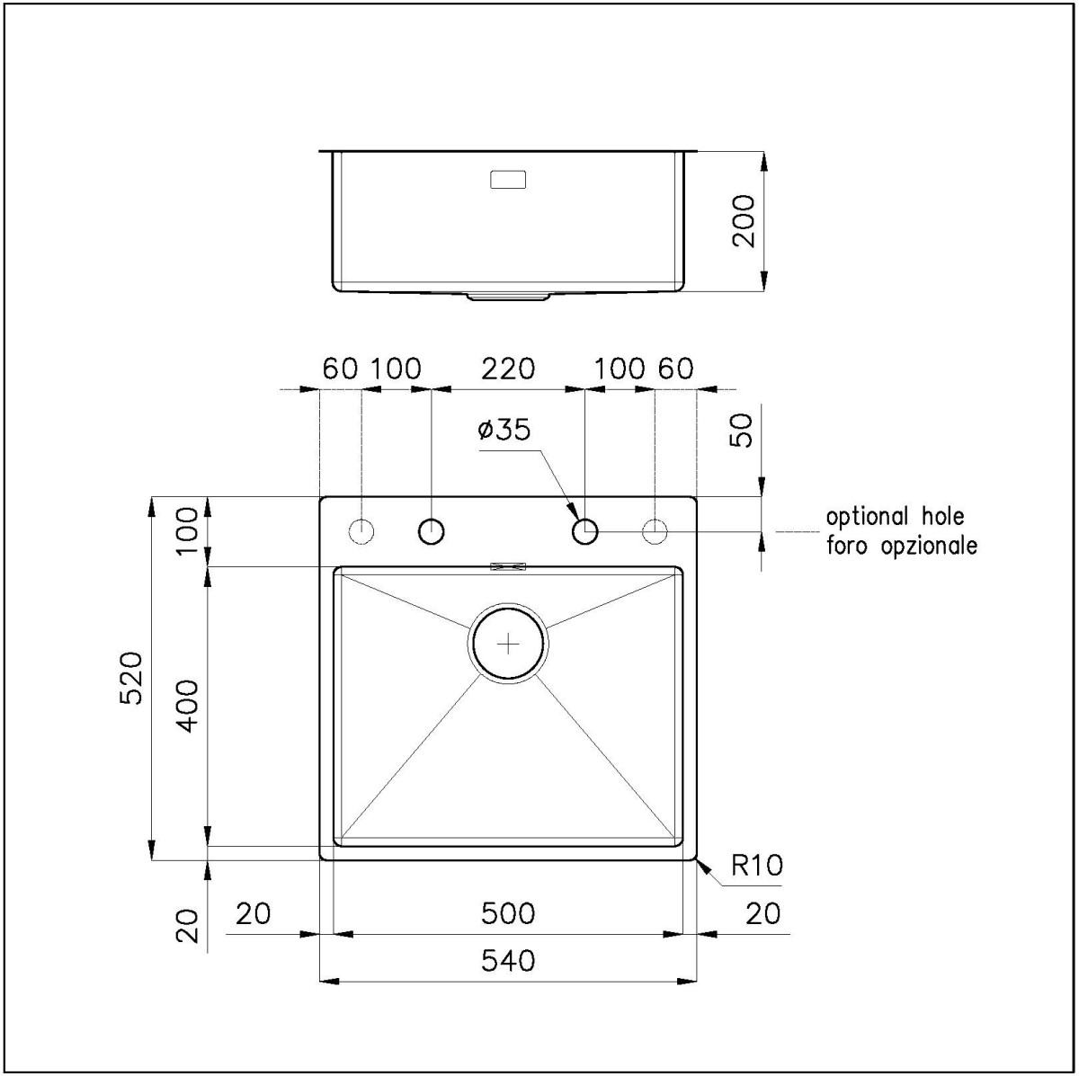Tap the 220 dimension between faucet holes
(508, 369)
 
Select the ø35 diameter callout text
(504, 430)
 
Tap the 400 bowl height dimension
(187, 706)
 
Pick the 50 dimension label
(741, 430)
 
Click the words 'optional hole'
(896, 516)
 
